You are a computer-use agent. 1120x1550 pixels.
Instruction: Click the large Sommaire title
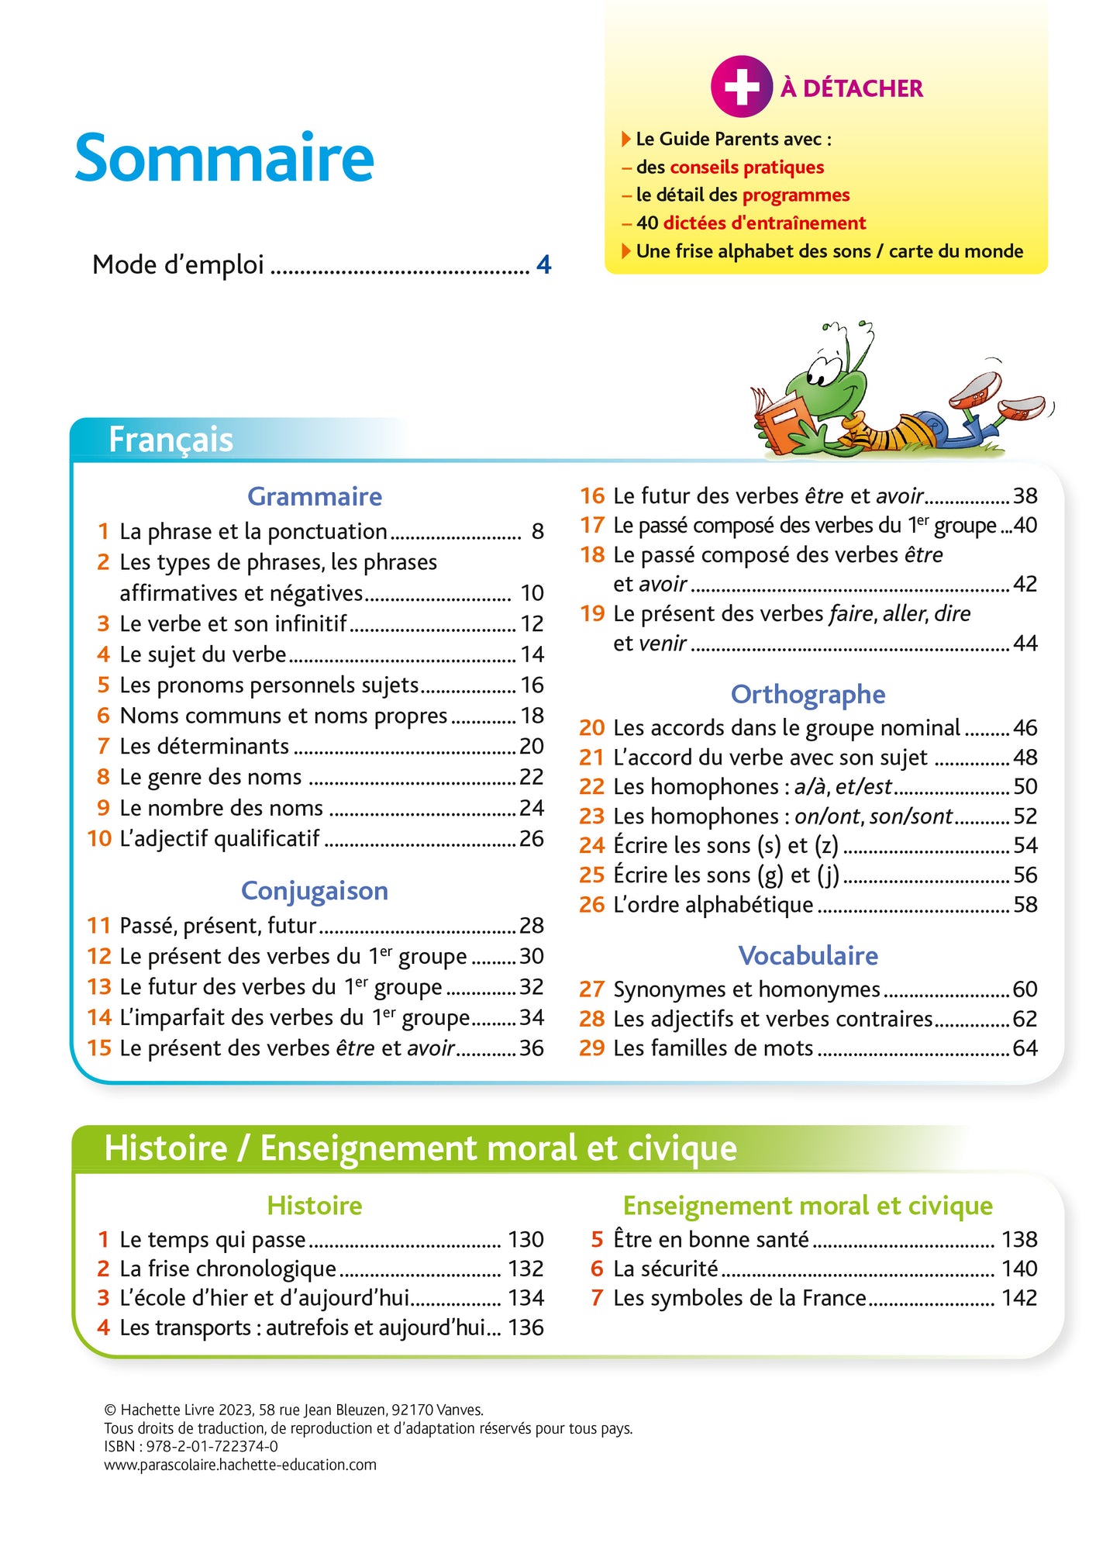click(x=224, y=158)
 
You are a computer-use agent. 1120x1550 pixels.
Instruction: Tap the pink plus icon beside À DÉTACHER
click(x=741, y=87)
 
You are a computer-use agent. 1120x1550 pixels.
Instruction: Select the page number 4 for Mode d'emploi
click(x=543, y=265)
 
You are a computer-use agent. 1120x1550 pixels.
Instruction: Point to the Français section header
click(x=171, y=440)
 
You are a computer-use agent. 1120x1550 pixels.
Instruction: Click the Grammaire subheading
click(x=314, y=496)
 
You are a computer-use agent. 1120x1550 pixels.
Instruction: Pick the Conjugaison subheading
click(x=314, y=890)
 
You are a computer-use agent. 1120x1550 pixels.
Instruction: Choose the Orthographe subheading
click(x=808, y=694)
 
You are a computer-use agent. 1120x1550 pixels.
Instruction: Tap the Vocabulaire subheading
click(x=808, y=955)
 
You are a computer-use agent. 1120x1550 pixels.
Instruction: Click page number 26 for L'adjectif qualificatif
click(x=531, y=838)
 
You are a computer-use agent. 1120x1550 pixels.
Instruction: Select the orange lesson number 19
click(x=592, y=613)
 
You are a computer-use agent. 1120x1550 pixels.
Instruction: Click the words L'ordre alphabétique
click(x=713, y=904)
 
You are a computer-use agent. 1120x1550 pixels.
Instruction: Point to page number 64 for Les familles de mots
click(x=1025, y=1048)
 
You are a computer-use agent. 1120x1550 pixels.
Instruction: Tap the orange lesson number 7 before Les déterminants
click(x=103, y=746)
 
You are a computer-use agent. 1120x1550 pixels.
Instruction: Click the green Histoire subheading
click(x=314, y=1205)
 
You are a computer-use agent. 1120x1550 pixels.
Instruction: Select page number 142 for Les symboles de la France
click(x=1018, y=1297)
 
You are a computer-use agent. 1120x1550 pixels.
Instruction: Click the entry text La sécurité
click(x=665, y=1269)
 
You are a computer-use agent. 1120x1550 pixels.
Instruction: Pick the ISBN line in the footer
click(x=191, y=1446)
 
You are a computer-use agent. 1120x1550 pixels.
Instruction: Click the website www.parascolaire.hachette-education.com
click(x=240, y=1465)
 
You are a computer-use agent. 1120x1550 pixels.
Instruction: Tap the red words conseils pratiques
click(x=746, y=167)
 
